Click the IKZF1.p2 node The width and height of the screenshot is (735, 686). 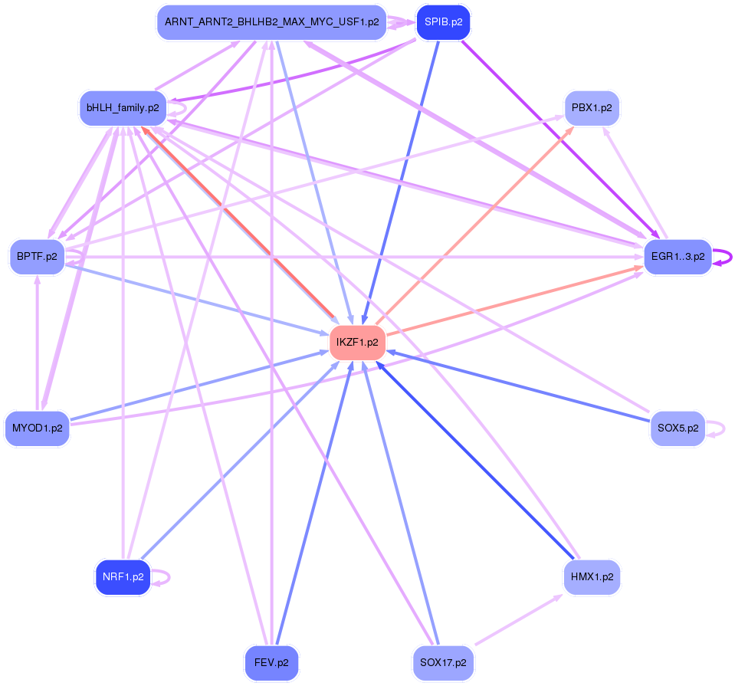point(357,342)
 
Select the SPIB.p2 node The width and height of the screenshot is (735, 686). point(443,22)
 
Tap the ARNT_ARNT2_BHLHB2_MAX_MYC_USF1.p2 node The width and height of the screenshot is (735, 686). point(271,22)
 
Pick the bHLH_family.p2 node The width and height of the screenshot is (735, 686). point(123,108)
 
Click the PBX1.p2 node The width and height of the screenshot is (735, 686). point(591,108)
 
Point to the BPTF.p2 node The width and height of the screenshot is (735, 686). point(37,257)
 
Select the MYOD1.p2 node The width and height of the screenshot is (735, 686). point(37,428)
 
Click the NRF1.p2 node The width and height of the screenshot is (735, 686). point(123,577)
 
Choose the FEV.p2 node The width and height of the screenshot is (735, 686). point(271,662)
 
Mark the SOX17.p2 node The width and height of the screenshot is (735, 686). point(443,662)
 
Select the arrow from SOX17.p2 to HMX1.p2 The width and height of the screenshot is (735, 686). point(517,619)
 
